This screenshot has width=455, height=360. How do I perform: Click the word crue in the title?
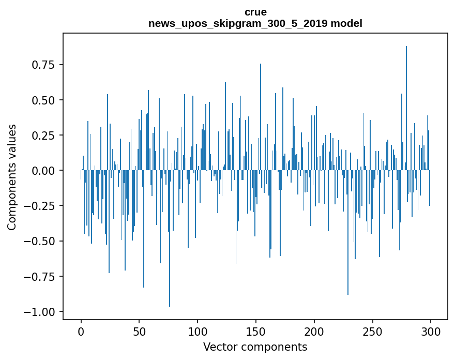(x=255, y=12)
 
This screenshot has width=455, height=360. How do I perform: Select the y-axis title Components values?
(x=12, y=177)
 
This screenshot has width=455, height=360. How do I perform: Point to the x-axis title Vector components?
(x=255, y=347)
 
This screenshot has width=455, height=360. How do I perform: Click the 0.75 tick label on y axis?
(x=43, y=65)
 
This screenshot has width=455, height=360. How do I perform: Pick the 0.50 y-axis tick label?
(x=43, y=100)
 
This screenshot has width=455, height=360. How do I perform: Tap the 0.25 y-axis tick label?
(x=43, y=136)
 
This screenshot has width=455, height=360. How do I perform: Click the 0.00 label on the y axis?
(x=43, y=171)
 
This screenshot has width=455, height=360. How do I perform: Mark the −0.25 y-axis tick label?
(x=40, y=206)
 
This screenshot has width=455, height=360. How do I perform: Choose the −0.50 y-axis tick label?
(x=40, y=241)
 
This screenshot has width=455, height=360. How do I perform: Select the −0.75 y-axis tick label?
(x=40, y=277)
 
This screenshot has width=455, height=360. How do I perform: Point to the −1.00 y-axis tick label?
(x=40, y=312)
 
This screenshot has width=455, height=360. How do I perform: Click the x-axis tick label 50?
(x=139, y=332)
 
